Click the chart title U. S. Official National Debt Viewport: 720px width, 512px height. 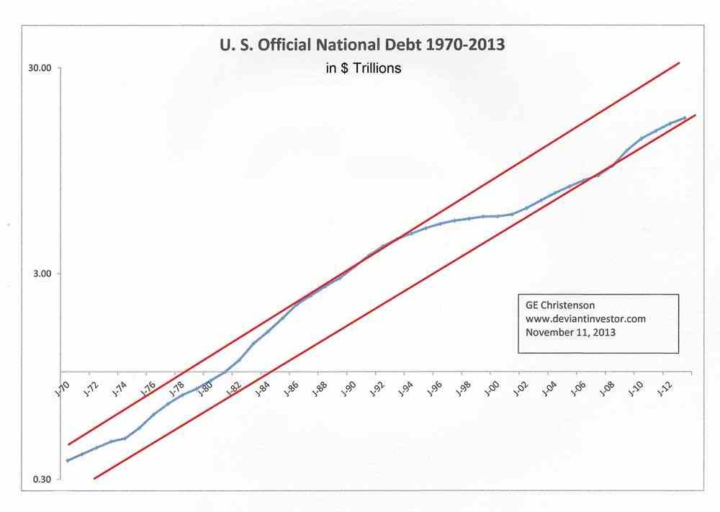[x=362, y=45]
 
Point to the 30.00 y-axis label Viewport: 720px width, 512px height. [x=40, y=68]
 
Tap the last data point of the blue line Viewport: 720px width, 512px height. [x=685, y=117]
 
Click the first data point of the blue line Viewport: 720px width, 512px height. [x=67, y=460]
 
